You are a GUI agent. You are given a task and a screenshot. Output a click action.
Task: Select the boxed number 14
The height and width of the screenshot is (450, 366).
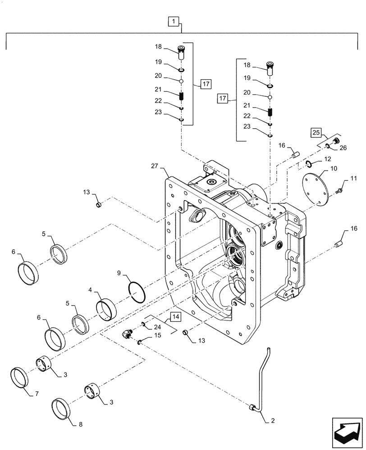coord(175,318)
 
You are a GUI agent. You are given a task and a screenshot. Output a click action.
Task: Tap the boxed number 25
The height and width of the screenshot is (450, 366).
coord(316,133)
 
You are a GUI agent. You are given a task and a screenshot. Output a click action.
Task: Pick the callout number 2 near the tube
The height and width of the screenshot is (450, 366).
coord(272,421)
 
